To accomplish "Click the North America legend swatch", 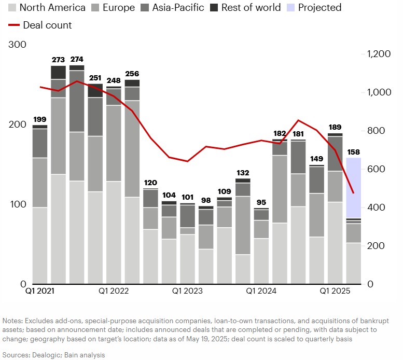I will pos(11,8).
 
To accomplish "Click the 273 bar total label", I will pos(58,60).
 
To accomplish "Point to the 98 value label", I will pos(206,200).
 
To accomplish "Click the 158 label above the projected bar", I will pos(353,153).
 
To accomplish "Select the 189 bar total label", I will pos(335,128).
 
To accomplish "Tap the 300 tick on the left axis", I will pos(18,45).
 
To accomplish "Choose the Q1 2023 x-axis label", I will pos(188,291).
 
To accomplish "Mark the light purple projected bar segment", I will pos(353,188).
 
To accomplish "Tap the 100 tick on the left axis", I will pos(18,204).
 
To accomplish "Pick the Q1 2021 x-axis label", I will pos(40,291).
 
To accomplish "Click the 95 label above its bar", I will pos(261,202).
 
